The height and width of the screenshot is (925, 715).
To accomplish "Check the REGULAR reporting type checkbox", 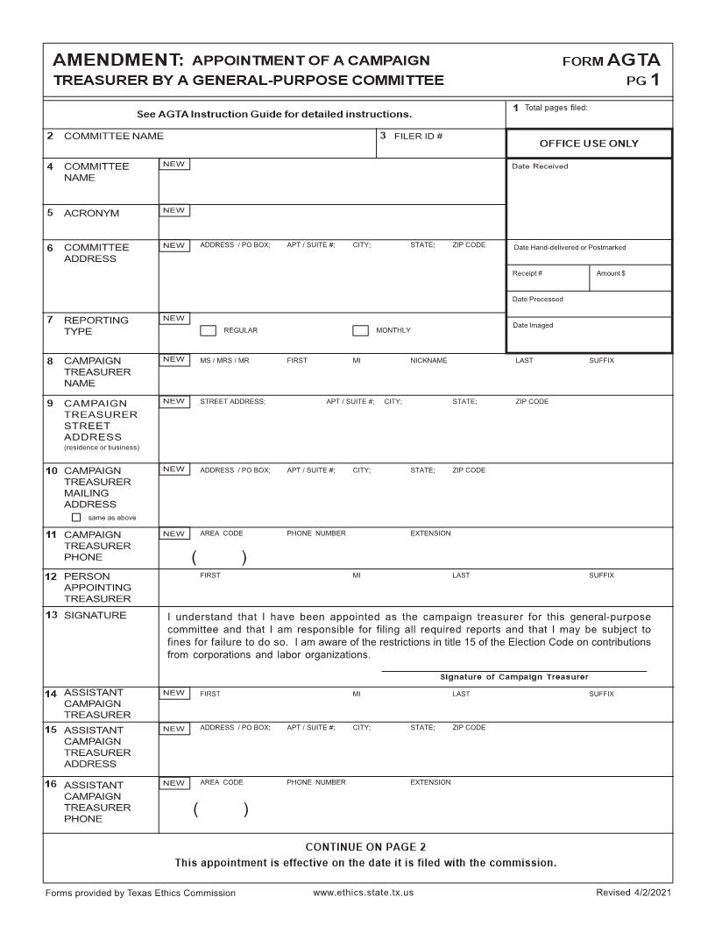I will point(209,331).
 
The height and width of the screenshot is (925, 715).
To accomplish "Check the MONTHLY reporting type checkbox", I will point(360,331).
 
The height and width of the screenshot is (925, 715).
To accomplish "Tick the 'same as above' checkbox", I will point(75,517).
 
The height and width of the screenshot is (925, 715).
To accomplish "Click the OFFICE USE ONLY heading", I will point(589,144).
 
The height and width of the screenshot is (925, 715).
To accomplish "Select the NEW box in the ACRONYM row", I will point(174,210).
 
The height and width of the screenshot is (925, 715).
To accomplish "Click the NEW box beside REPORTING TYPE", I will point(174,318).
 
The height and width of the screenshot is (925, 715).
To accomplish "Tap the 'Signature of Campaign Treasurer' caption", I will point(513,677).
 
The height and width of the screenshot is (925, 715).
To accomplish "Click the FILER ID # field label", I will point(416,136).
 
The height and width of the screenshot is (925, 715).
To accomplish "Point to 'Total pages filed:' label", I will point(555,108).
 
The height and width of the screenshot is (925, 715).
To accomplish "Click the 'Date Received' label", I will point(540,166).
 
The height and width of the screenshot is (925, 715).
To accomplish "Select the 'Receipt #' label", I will point(527,273).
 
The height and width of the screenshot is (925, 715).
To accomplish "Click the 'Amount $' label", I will point(611,273).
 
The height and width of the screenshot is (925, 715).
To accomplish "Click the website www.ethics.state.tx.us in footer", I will point(363,893).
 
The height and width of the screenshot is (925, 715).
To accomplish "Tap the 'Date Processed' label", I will point(538,300).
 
